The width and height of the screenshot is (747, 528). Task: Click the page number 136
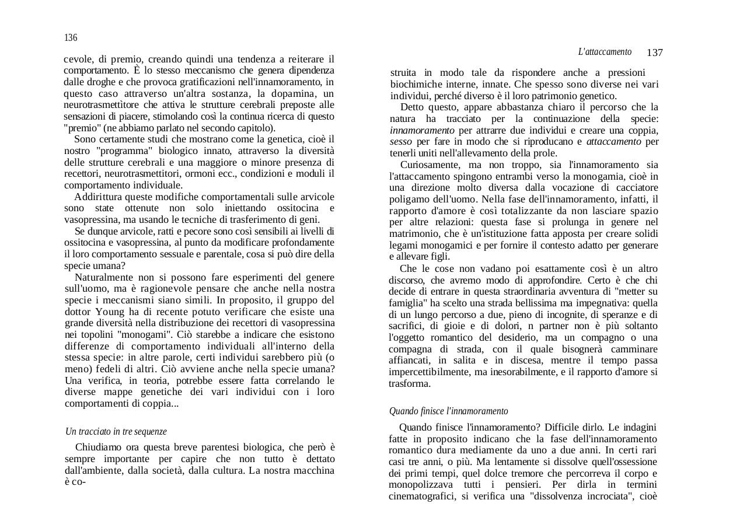[x=71, y=38]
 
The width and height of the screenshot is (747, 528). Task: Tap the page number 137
[x=655, y=53]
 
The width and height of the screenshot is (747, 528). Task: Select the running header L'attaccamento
[x=605, y=52]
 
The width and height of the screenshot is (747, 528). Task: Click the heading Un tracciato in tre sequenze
[x=116, y=432]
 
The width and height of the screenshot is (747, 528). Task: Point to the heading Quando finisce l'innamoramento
[x=448, y=411]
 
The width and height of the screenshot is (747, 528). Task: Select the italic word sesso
[x=401, y=142]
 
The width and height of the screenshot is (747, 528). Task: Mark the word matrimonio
[x=414, y=233]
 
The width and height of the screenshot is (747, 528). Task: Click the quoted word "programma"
[x=103, y=151]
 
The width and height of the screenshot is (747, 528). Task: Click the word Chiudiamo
[x=99, y=447]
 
